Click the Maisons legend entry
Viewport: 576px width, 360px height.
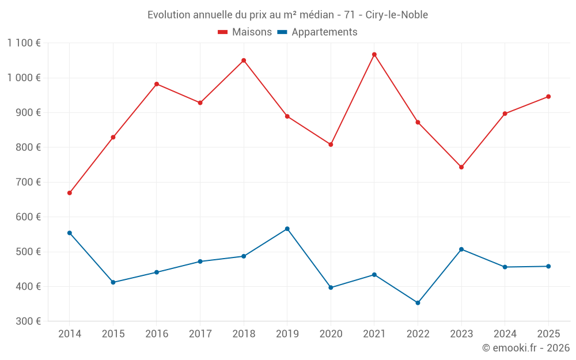coord(245,32)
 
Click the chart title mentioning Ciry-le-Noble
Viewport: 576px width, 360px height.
coord(287,15)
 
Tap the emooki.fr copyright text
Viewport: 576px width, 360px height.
coord(525,348)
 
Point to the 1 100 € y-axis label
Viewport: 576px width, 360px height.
coord(24,43)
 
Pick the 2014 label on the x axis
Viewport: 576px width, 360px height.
coord(70,334)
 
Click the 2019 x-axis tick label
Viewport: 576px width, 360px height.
coord(287,334)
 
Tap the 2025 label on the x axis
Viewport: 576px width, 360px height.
coord(548,334)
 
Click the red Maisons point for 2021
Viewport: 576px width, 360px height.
coord(374,55)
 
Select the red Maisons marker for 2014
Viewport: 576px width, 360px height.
coord(70,193)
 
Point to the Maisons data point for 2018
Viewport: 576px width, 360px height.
coord(244,60)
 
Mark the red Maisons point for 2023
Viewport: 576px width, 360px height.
coord(461,167)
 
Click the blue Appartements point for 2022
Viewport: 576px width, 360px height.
coord(418,303)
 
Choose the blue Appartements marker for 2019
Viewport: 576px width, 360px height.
coord(287,229)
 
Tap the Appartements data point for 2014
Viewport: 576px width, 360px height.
coord(70,233)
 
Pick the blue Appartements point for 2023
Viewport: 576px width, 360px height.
coord(461,249)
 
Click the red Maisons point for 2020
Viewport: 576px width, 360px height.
coord(331,145)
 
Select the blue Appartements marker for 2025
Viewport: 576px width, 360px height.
coord(548,266)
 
